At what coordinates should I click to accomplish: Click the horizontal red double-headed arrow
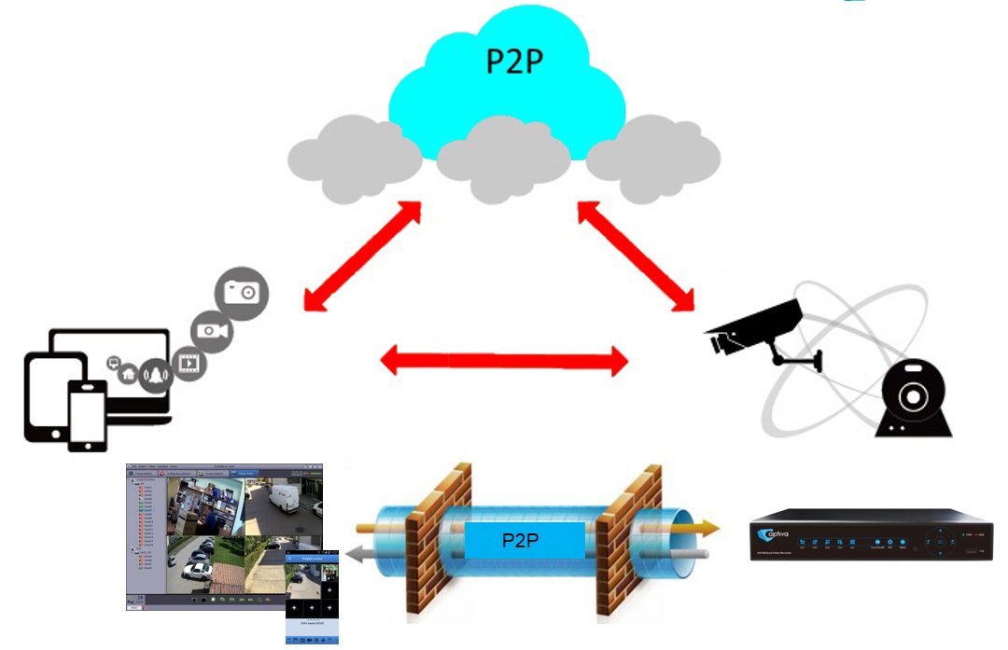pos(505,360)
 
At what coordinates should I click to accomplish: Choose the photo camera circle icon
pos(242,293)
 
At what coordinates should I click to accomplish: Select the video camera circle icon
pos(212,332)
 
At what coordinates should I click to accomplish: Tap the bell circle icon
pos(155,373)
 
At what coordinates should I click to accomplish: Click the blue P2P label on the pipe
pos(525,540)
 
